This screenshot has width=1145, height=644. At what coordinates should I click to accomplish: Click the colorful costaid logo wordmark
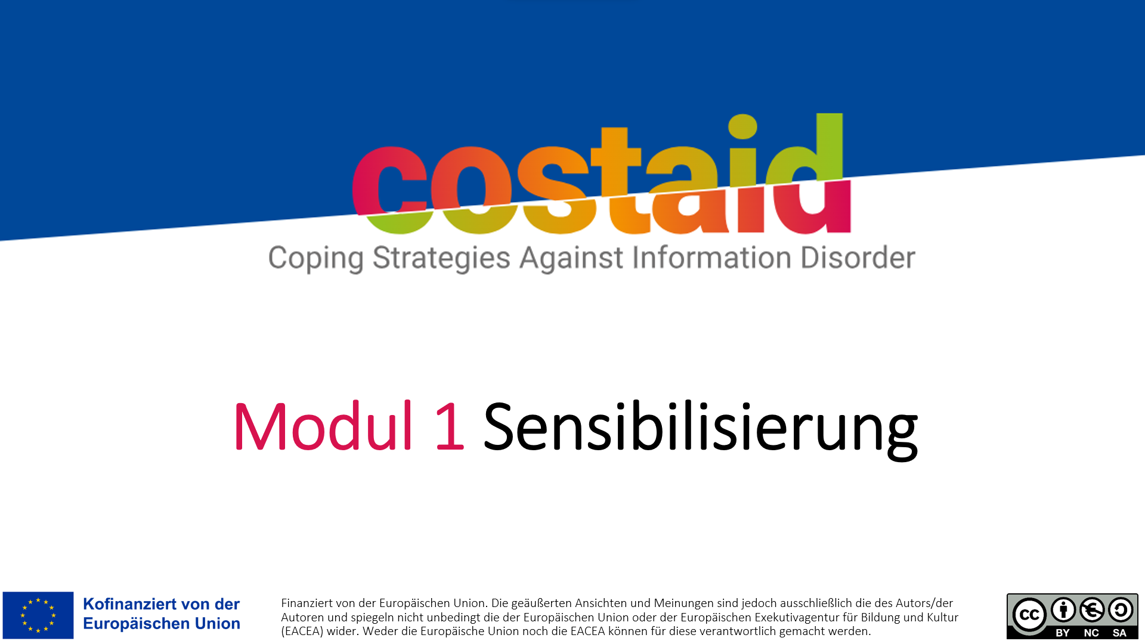tap(601, 174)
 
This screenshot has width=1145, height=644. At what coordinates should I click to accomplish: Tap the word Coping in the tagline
tap(315, 259)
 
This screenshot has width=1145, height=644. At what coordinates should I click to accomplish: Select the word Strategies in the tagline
tap(441, 259)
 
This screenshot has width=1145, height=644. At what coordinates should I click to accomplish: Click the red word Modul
tap(323, 426)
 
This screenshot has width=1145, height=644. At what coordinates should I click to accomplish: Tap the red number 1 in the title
tap(449, 427)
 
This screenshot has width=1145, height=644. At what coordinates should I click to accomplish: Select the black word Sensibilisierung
tap(700, 429)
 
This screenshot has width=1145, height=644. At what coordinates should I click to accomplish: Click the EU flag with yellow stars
tap(38, 615)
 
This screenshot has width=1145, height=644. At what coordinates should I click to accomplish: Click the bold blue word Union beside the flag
tap(222, 624)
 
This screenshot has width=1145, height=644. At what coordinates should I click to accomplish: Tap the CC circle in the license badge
tap(1029, 615)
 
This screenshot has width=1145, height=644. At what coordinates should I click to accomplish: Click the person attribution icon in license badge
tap(1063, 610)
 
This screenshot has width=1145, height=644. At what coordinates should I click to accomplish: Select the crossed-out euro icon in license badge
tap(1092, 610)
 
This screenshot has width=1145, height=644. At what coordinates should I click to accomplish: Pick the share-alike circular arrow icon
tap(1121, 610)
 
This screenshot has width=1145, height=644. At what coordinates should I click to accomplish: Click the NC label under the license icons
tap(1091, 633)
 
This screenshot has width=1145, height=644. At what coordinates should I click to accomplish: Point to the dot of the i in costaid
tap(742, 126)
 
